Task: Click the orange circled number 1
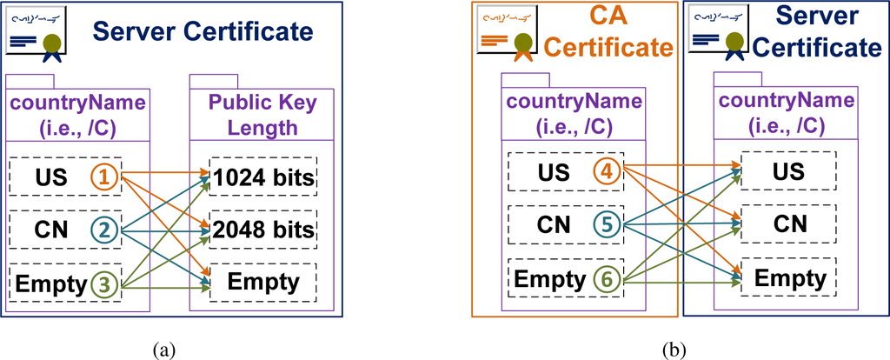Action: pyautogui.click(x=103, y=177)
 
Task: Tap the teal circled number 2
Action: pyautogui.click(x=103, y=230)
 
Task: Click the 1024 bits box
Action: pyautogui.click(x=261, y=178)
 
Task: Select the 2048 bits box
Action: pyautogui.click(x=261, y=230)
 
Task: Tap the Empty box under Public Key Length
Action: pyautogui.click(x=261, y=282)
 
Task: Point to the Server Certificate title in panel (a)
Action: pyautogui.click(x=203, y=32)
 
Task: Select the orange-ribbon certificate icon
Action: pyautogui.click(x=508, y=32)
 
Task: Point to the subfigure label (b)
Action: pyautogui.click(x=674, y=350)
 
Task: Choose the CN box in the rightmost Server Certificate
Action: pyautogui.click(x=787, y=224)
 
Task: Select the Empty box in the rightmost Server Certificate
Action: pyautogui.click(x=787, y=278)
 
